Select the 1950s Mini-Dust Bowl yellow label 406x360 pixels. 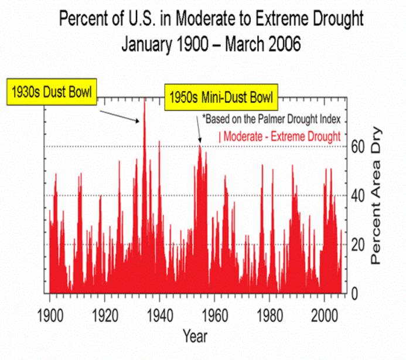[x=221, y=96]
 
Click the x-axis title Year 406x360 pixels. [x=194, y=336]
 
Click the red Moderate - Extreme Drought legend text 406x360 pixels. [x=279, y=137]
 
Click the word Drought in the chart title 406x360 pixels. [x=333, y=19]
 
